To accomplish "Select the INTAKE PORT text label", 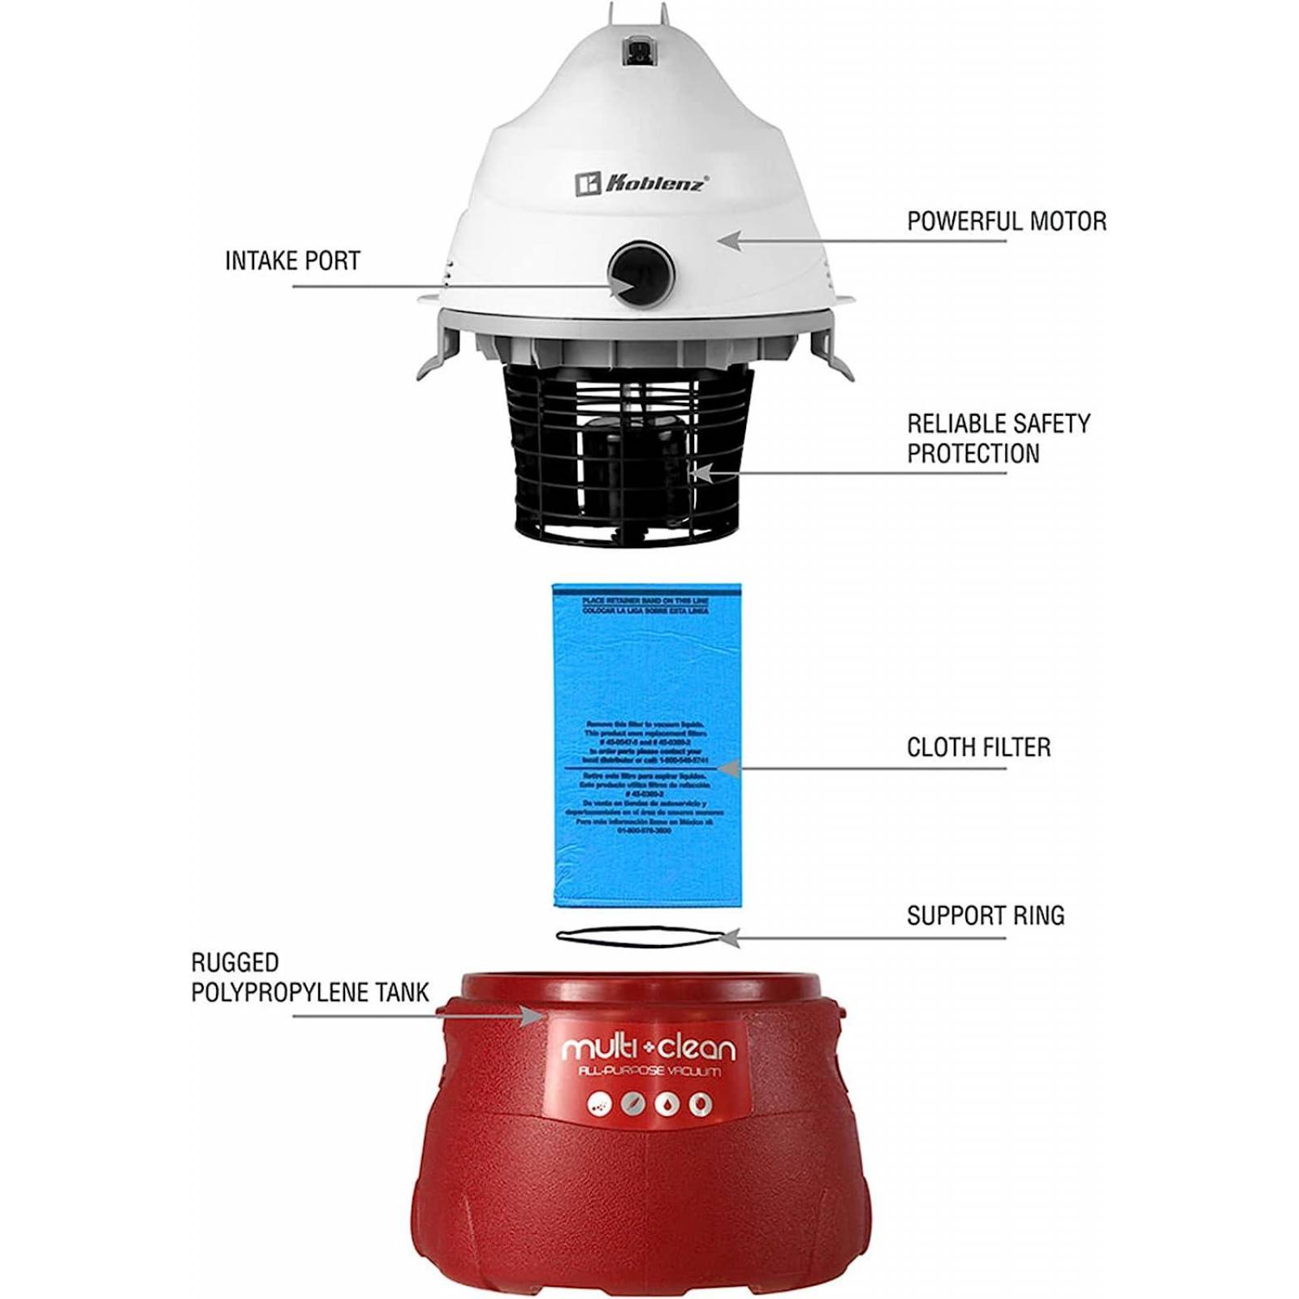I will [292, 261].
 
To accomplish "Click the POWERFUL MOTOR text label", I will [1007, 221].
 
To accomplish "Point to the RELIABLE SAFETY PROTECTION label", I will [998, 438].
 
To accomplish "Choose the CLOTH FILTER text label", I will [978, 747].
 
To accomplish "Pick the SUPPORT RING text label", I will [985, 916].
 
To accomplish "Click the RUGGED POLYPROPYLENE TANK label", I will [309, 977].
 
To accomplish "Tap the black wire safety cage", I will [629, 455].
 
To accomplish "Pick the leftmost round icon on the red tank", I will [599, 1104].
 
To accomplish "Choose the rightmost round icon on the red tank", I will [700, 1104].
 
